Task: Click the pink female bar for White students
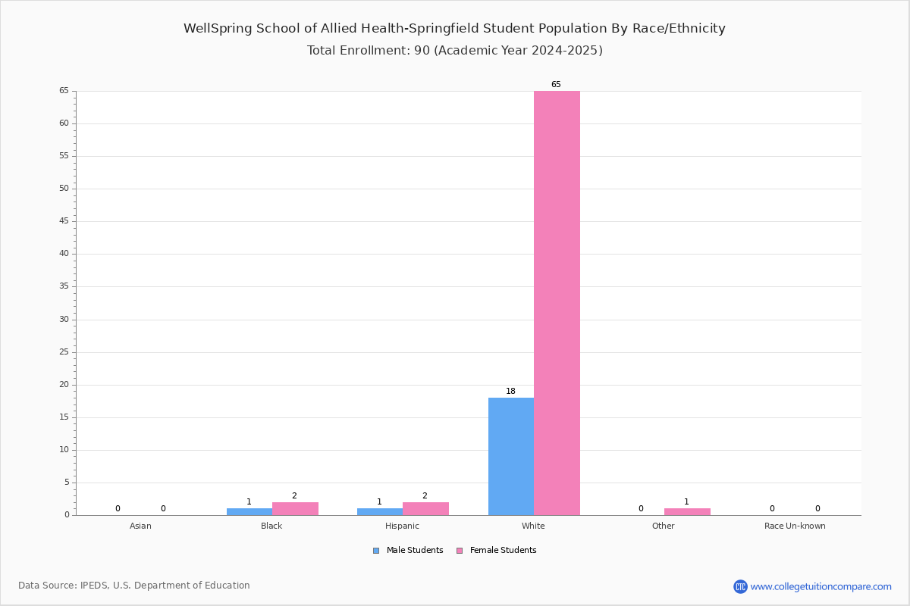557,303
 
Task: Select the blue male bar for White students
511,457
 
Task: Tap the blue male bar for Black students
249,512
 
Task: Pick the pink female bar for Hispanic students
425,509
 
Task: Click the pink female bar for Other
687,512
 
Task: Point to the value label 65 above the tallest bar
556,84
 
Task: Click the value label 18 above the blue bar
510,392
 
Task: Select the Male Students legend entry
408,551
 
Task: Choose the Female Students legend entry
497,551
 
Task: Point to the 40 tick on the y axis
64,254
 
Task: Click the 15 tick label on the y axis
64,417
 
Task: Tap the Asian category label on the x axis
140,526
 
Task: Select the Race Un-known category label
795,526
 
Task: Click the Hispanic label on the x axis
402,526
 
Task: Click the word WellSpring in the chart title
218,29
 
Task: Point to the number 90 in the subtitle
422,50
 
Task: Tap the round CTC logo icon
740,586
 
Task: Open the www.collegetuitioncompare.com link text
821,586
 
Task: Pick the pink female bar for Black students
295,509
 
